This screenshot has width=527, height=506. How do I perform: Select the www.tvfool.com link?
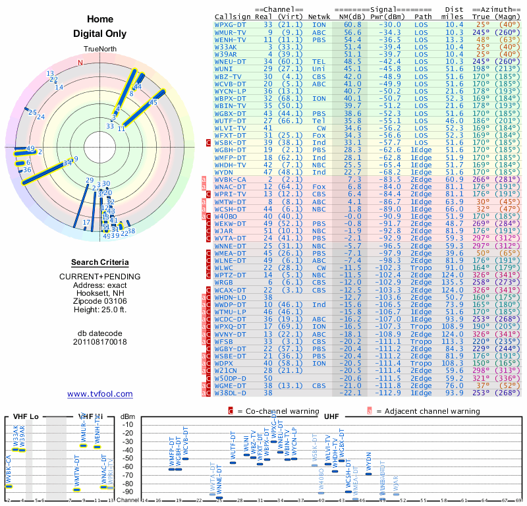pyautogui.click(x=100, y=394)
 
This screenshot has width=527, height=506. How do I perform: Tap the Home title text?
pyautogui.click(x=100, y=19)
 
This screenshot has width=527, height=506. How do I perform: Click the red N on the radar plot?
pyautogui.click(x=80, y=63)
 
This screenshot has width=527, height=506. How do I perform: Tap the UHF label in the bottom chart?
pyautogui.click(x=333, y=416)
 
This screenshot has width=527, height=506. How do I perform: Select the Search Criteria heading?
pyautogui.click(x=100, y=262)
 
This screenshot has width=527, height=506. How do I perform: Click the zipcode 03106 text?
pyautogui.click(x=100, y=300)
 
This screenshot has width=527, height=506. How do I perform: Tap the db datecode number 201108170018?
pyautogui.click(x=100, y=342)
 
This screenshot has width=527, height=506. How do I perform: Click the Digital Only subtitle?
pyautogui.click(x=100, y=34)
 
